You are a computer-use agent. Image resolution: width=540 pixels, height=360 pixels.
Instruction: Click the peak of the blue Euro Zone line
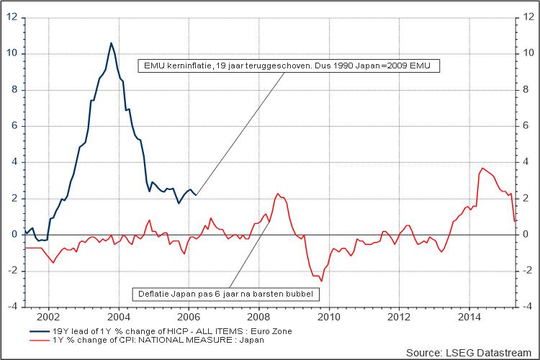click(x=111, y=43)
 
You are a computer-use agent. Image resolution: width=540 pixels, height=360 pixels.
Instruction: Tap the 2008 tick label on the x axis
click(x=258, y=315)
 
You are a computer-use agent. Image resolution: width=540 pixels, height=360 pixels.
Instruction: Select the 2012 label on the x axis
click(x=399, y=315)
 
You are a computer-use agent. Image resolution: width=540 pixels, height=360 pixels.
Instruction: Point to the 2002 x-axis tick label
click(x=48, y=315)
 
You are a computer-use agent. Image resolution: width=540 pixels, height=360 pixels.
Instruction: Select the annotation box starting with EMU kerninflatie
click(x=289, y=66)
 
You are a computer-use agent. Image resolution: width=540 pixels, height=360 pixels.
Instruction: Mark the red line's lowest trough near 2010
click(x=322, y=281)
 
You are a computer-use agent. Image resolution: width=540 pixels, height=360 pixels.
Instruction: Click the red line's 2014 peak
click(x=482, y=168)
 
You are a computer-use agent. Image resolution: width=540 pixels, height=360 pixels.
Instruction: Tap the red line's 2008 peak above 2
click(x=277, y=194)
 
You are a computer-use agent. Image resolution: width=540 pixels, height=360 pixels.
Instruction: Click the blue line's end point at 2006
click(x=196, y=195)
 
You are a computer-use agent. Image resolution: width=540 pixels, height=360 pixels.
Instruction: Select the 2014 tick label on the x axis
click(x=469, y=315)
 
